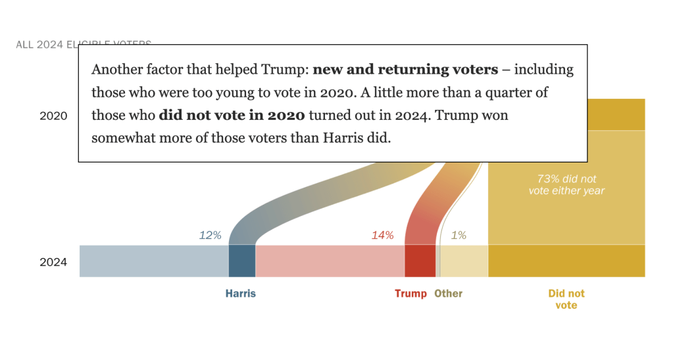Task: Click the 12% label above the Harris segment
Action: pyautogui.click(x=211, y=235)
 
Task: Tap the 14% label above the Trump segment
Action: pyautogui.click(x=382, y=235)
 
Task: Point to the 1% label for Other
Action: pyautogui.click(x=459, y=235)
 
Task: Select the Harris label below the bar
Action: pyautogui.click(x=241, y=294)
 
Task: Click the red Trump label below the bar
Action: pyautogui.click(x=411, y=294)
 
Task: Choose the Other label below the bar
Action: pyautogui.click(x=449, y=294)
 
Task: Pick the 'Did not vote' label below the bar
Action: pyautogui.click(x=566, y=299)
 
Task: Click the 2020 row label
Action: pyautogui.click(x=53, y=116)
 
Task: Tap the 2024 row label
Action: pyautogui.click(x=53, y=262)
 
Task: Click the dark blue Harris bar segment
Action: pyautogui.click(x=241, y=261)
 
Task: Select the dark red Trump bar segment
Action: pyautogui.click(x=420, y=261)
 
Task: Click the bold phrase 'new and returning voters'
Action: pyautogui.click(x=405, y=69)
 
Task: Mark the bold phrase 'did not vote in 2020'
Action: pyautogui.click(x=232, y=115)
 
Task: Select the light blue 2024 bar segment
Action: pyautogui.click(x=154, y=261)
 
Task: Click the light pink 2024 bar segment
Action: pyautogui.click(x=330, y=261)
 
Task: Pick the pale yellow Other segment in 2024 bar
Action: pyautogui.click(x=464, y=261)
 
